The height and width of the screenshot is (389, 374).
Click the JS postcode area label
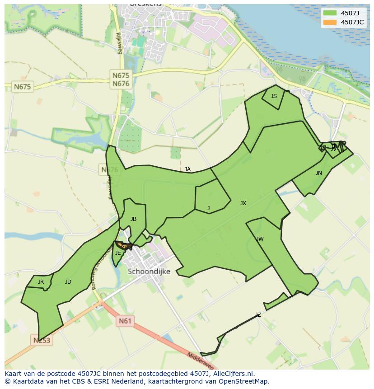pyautogui.click(x=274, y=96)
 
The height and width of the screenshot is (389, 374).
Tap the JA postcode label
pyautogui.click(x=187, y=169)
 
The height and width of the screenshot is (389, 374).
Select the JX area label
pyautogui.click(x=243, y=203)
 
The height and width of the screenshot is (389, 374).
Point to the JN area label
pyautogui.click(x=319, y=173)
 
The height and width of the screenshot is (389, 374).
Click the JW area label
pyautogui.click(x=260, y=239)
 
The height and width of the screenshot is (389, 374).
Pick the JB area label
pyautogui.click(x=133, y=219)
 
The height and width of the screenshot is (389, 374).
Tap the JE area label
pyautogui.click(x=118, y=253)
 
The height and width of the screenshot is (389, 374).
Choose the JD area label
pyautogui.click(x=68, y=282)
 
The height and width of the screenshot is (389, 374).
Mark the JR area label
pyautogui.click(x=41, y=282)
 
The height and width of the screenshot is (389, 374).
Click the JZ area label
pyautogui.click(x=258, y=315)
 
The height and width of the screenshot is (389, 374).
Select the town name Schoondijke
pyautogui.click(x=149, y=272)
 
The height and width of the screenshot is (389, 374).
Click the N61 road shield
pyautogui.click(x=125, y=321)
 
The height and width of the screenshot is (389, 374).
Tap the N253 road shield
pyautogui.click(x=42, y=340)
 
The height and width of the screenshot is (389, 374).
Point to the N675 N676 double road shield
pyautogui.click(x=121, y=80)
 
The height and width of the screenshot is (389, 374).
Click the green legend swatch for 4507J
pyautogui.click(x=330, y=13)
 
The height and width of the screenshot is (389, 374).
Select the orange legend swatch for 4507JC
pyautogui.click(x=330, y=22)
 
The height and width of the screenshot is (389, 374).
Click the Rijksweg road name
pyautogui.click(x=119, y=43)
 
